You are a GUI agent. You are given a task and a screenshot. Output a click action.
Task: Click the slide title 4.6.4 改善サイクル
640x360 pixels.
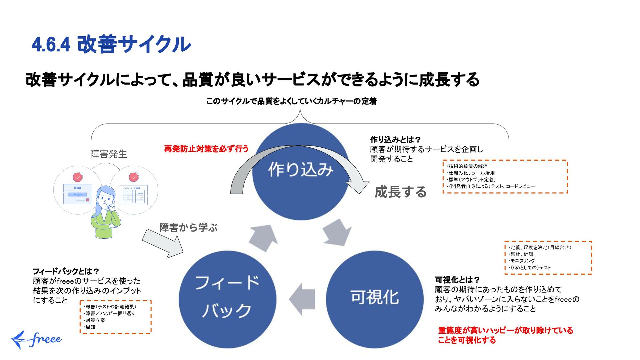111,44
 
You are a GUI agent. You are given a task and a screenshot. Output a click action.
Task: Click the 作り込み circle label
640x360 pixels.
301,169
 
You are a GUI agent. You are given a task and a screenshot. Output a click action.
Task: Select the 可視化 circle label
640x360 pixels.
374,297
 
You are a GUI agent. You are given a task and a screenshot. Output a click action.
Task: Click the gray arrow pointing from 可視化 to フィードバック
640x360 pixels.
302,299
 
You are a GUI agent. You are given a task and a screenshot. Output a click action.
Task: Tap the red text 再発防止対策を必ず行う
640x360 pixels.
206,149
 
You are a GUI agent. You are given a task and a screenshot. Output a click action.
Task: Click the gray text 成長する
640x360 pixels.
400,192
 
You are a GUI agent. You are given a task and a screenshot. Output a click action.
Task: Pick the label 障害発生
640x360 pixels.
109,154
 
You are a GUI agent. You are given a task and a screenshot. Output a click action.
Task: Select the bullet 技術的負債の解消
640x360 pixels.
468,166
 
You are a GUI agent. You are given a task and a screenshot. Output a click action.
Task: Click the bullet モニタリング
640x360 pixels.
522,261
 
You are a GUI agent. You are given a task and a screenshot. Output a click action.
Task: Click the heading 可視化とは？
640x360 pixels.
457,280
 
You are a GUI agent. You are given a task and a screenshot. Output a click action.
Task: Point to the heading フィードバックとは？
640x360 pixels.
66,271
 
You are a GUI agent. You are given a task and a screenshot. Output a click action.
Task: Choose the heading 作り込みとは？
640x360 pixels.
395,139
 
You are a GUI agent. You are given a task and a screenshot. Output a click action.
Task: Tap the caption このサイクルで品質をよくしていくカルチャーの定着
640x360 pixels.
291,101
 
